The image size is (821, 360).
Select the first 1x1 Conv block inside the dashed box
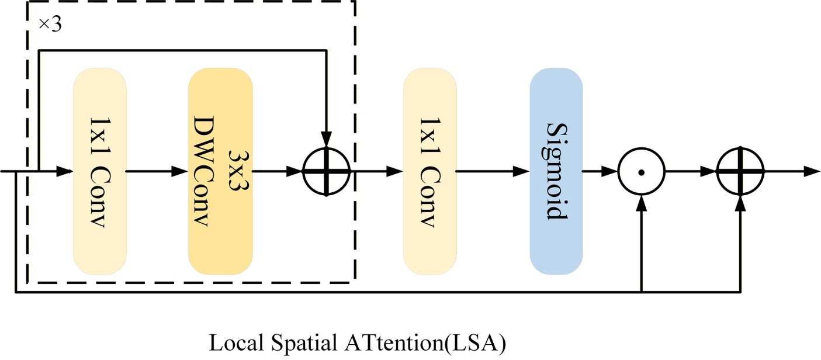pyautogui.click(x=99, y=171)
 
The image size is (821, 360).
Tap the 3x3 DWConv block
pyautogui.click(x=220, y=171)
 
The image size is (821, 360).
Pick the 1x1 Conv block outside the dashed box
pyautogui.click(x=429, y=171)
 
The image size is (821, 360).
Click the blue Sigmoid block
pyautogui.click(x=556, y=171)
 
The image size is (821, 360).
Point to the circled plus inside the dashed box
pyautogui.click(x=326, y=172)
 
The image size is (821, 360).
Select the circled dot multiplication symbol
pyautogui.click(x=642, y=172)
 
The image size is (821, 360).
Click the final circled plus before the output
pyautogui.click(x=740, y=171)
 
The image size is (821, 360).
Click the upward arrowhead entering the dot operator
pyautogui.click(x=642, y=202)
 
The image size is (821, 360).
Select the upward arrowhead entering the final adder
pyautogui.click(x=740, y=202)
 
